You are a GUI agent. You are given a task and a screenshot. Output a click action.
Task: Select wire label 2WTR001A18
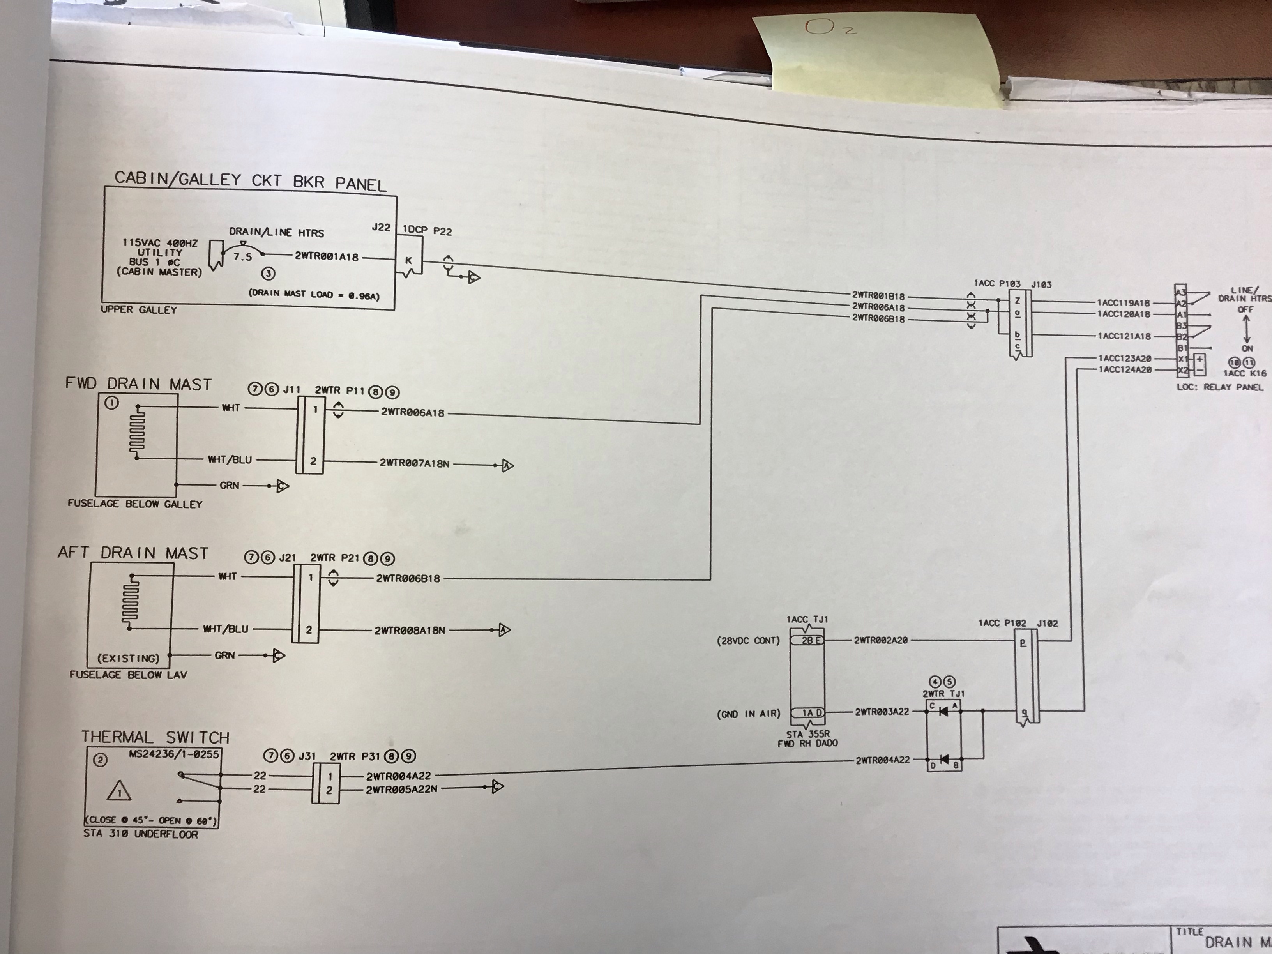[x=326, y=256]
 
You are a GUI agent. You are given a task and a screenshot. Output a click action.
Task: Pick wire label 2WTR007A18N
[x=414, y=463]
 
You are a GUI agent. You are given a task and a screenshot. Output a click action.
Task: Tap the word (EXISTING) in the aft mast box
[x=128, y=658]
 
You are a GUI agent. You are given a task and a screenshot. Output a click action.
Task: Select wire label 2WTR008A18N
[x=410, y=630]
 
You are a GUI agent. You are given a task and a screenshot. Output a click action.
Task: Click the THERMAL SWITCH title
[x=155, y=737]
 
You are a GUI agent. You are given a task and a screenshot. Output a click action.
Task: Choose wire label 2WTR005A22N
[x=401, y=790]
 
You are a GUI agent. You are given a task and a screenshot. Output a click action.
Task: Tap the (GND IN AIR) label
[x=748, y=714]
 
